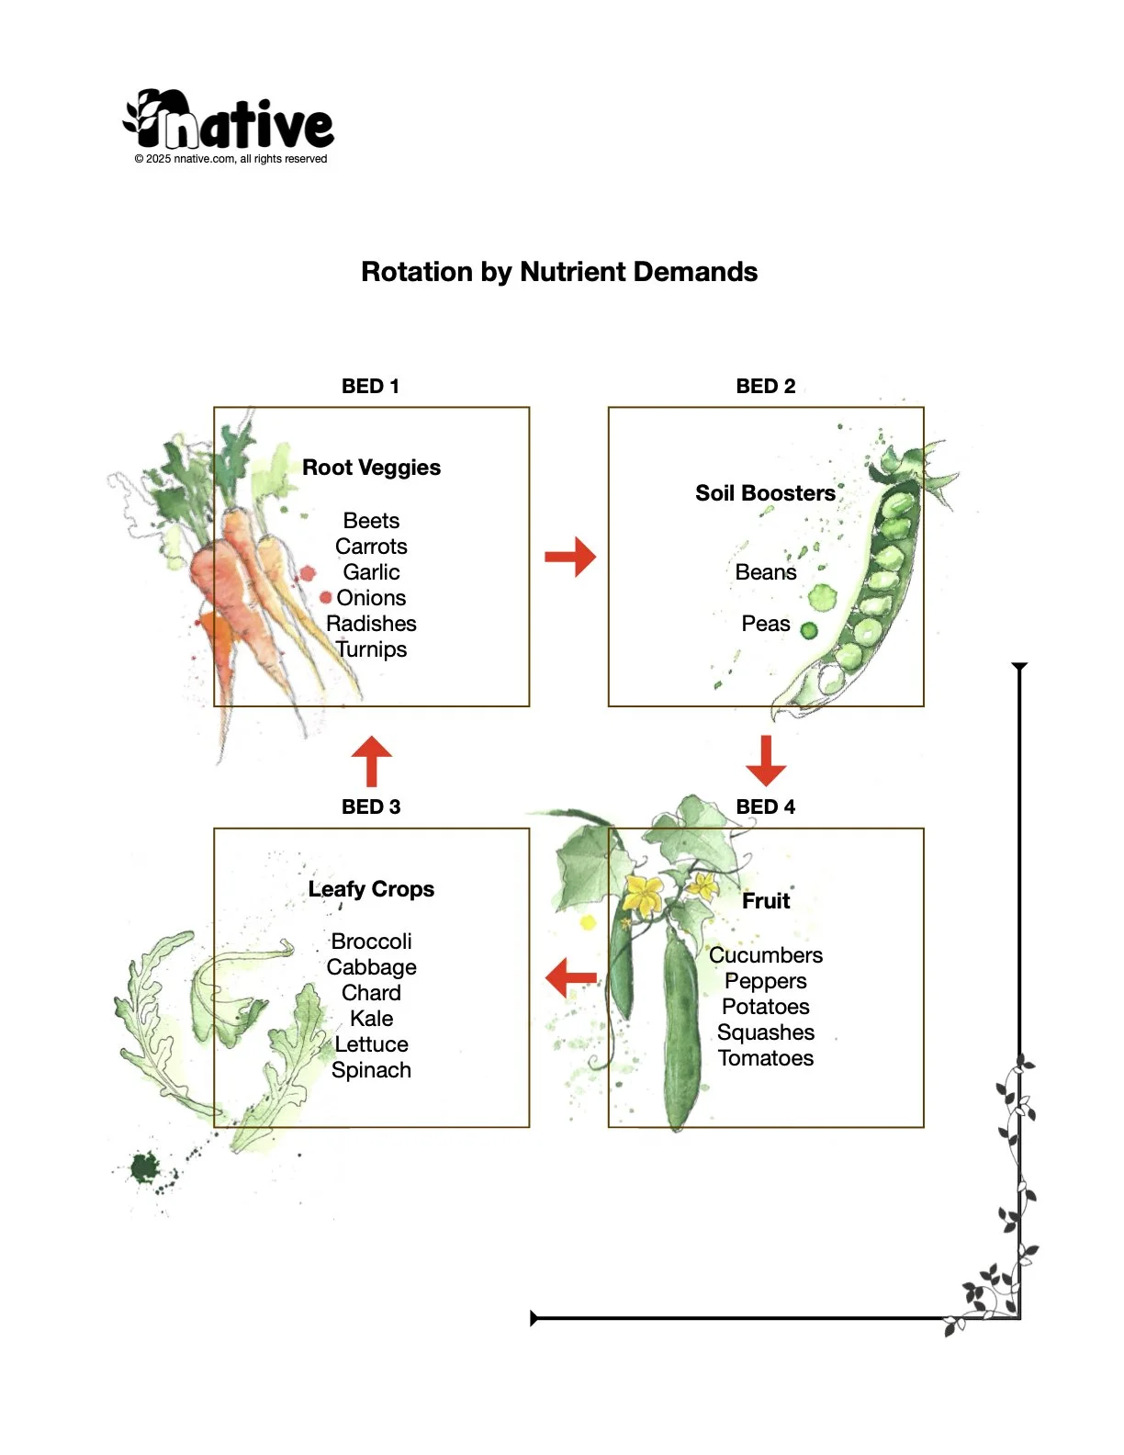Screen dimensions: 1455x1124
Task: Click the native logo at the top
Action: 230,120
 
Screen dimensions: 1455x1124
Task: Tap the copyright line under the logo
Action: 230,159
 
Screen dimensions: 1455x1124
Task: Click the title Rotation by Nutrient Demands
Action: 559,272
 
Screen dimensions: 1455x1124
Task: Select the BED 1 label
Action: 370,387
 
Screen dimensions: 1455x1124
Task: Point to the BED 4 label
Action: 765,807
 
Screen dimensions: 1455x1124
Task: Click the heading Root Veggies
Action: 371,468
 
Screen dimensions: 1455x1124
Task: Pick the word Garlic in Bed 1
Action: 371,572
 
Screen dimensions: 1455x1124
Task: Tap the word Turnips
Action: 371,649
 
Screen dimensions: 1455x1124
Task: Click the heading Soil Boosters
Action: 765,493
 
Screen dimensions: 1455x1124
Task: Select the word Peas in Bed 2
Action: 765,624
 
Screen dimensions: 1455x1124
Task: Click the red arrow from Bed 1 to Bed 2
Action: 570,557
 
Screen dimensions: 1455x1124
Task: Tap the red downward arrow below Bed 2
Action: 766,760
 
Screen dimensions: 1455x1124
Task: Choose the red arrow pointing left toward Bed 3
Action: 570,978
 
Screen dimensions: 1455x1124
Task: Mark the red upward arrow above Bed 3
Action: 371,761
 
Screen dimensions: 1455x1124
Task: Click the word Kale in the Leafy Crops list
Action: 371,1019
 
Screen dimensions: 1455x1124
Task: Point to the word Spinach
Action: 371,1070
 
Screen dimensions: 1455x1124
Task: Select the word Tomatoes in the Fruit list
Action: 766,1058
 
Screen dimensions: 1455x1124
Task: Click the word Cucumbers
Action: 766,955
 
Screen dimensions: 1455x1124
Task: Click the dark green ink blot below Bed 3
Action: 144,1168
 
